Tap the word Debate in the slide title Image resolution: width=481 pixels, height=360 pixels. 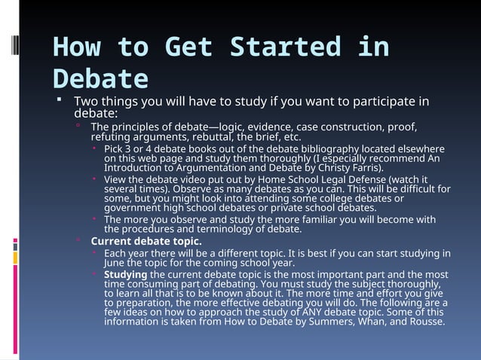point(100,79)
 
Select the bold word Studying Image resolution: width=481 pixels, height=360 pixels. point(125,274)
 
